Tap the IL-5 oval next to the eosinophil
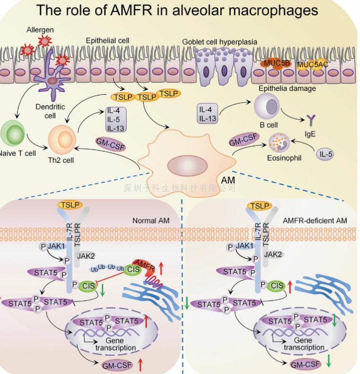(326, 154)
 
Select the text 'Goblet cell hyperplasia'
(220, 42)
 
